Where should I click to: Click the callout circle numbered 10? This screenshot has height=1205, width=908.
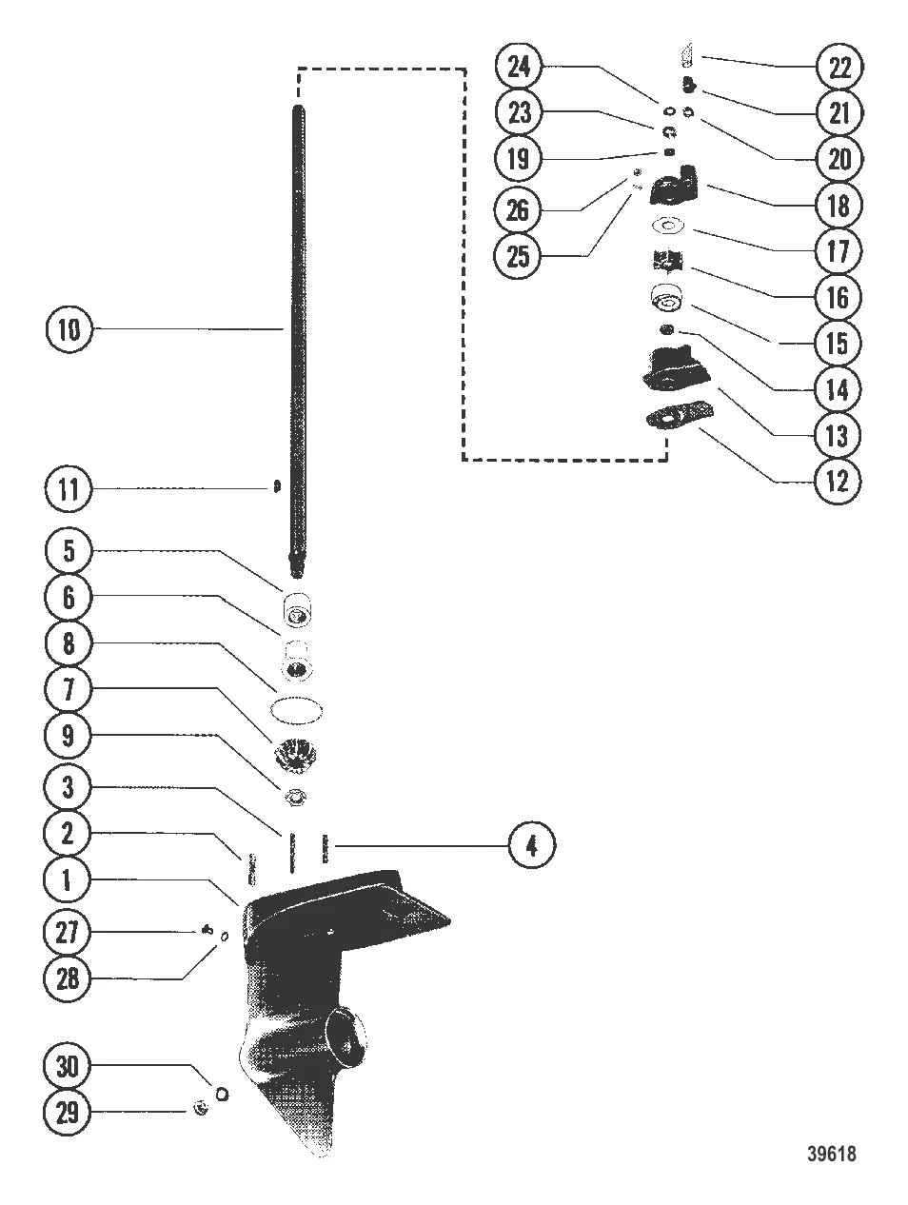[69, 329]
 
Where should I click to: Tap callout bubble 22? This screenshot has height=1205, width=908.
[839, 67]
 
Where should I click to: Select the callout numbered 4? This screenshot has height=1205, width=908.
[531, 845]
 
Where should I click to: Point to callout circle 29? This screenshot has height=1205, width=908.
[67, 1113]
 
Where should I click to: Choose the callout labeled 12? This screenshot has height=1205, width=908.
[837, 482]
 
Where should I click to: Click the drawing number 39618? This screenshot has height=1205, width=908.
[831, 1154]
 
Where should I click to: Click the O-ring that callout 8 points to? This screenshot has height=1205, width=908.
[296, 710]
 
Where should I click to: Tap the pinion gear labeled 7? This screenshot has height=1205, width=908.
[295, 755]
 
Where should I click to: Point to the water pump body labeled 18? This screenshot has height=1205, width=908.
[674, 187]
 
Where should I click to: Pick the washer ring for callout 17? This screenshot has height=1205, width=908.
[666, 225]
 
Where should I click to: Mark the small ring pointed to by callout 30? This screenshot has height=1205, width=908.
[222, 1094]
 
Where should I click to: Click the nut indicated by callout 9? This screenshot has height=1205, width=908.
[296, 797]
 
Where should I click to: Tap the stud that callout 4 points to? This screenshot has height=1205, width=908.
[325, 848]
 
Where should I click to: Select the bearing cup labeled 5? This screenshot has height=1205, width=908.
[297, 609]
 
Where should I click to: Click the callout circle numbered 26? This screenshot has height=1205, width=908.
[517, 210]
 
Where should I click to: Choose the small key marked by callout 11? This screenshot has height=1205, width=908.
[277, 487]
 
